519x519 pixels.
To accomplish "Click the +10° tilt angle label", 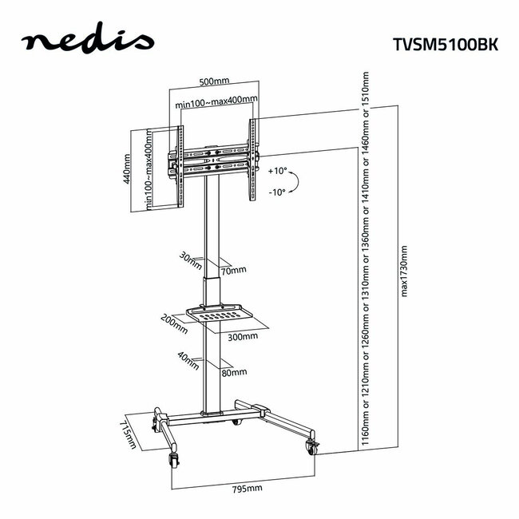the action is coord(278,171).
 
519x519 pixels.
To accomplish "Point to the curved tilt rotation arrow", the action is coord(292,182).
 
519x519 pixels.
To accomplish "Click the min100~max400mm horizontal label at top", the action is coord(216,101).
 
